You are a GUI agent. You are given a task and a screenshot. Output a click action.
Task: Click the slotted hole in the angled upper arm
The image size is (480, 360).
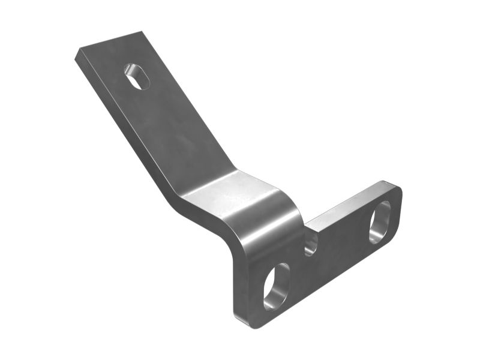click(x=137, y=76)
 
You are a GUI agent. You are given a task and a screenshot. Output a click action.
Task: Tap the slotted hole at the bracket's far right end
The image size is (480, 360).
click(x=379, y=221)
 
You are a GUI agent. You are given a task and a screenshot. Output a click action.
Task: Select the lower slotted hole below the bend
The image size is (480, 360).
click(x=276, y=286)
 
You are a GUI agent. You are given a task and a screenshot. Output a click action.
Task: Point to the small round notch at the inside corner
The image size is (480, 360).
click(x=310, y=242)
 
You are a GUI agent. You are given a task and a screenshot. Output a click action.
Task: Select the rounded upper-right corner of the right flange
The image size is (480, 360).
click(x=396, y=187)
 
